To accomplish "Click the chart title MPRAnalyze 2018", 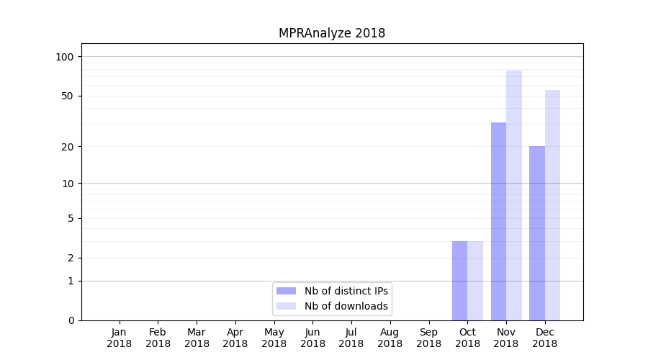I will [x=332, y=33].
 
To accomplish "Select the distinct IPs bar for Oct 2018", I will [x=459, y=281].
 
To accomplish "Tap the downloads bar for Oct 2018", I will [x=475, y=281].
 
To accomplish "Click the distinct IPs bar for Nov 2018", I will [x=498, y=221].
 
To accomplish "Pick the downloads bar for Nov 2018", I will [x=514, y=195].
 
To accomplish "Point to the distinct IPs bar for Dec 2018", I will [x=537, y=233].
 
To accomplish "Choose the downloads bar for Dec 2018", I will [x=552, y=205].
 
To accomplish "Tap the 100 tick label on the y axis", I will [x=64, y=57].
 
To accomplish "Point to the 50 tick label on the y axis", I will [x=66, y=96].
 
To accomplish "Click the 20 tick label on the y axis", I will [x=66, y=147].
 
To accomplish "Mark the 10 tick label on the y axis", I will [x=66, y=184].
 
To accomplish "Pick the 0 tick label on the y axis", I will [x=71, y=320].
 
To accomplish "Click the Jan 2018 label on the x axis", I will [x=120, y=338].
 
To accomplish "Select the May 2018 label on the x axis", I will [x=274, y=338].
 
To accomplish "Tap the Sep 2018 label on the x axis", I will [x=428, y=338].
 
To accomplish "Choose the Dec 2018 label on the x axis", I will [x=545, y=338].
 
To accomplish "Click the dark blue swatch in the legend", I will [x=286, y=291].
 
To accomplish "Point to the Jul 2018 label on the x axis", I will [x=351, y=338].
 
